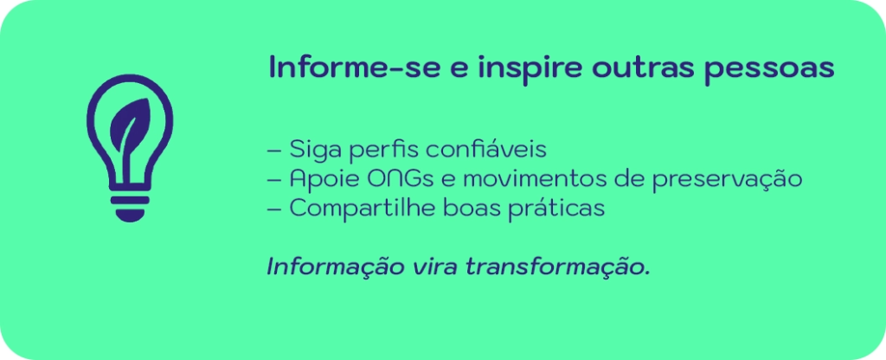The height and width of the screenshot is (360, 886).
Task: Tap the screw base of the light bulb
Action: tap(130, 208)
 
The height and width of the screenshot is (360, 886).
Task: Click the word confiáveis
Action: tap(485, 149)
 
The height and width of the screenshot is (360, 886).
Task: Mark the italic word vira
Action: tap(427, 267)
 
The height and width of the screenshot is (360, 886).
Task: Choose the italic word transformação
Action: tap(557, 267)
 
